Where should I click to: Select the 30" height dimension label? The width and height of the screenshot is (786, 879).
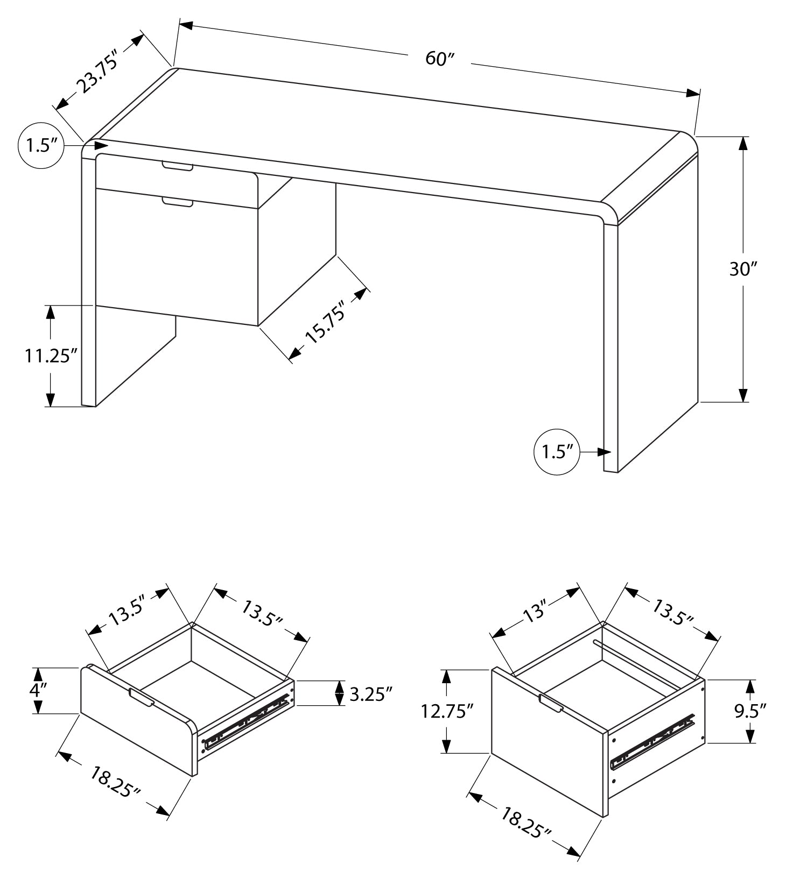pos(743,269)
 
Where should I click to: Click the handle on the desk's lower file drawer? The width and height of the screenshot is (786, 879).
pos(177,202)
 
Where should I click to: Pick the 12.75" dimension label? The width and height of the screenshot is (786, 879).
pos(446,711)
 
